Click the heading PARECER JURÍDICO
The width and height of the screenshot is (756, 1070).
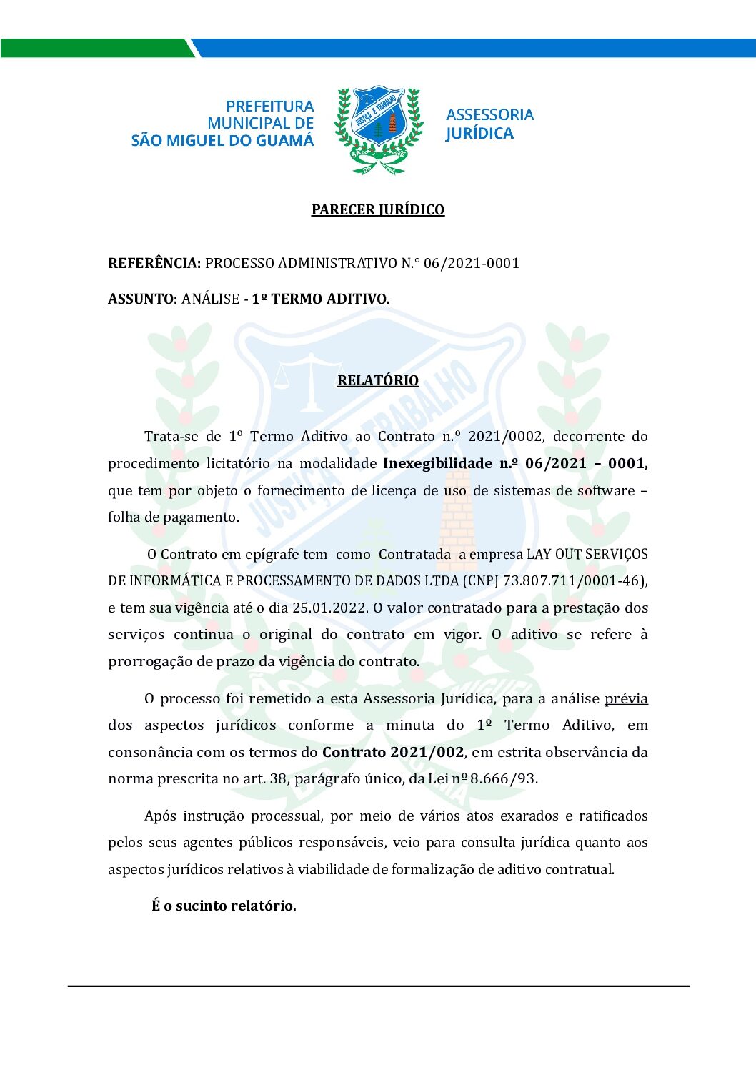click(x=377, y=209)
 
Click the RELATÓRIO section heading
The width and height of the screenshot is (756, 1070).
click(x=377, y=380)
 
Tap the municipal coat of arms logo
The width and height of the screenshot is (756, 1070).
click(x=378, y=130)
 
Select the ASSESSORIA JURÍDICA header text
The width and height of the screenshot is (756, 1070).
click(x=489, y=124)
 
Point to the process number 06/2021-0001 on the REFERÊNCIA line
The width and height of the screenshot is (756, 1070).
click(x=471, y=263)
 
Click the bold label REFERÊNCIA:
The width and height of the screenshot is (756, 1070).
click(x=154, y=263)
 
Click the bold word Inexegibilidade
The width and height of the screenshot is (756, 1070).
click(x=437, y=463)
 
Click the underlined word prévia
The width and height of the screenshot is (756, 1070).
click(x=626, y=698)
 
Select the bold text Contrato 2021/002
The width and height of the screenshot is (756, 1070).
click(x=392, y=752)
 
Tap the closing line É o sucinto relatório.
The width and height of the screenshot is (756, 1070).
click(x=224, y=906)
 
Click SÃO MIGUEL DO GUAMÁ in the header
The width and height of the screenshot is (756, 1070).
click(x=222, y=141)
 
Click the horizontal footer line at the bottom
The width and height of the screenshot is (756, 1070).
click(x=378, y=986)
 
